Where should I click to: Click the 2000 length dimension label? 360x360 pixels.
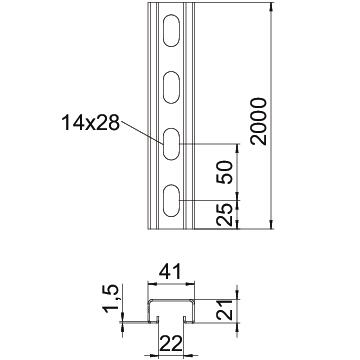pos(260,121)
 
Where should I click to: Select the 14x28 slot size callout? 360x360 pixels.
pos(90,123)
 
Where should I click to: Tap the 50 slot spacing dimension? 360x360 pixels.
pos(224,172)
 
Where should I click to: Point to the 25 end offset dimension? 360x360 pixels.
pos(224,215)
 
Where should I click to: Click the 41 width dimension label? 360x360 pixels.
pos(170,272)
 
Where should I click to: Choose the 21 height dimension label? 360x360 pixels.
pos(224,310)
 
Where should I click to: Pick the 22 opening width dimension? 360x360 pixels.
pos(171,344)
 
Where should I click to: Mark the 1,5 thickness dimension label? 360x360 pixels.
pos(111,299)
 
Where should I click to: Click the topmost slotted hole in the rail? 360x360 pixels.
pos(172,31)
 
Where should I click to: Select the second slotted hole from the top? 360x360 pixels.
pos(172,87)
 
